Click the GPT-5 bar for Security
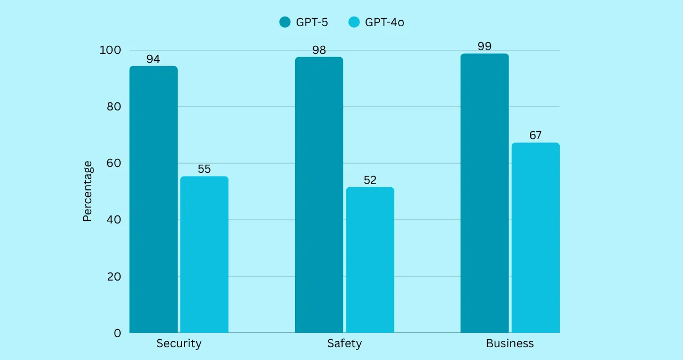[x=153, y=199]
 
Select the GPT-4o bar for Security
[x=204, y=254]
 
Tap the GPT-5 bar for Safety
[x=319, y=195]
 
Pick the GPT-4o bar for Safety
[x=370, y=260]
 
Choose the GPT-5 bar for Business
[x=485, y=193]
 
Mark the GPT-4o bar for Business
[x=535, y=238]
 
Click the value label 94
[x=153, y=59]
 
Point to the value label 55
[x=204, y=169]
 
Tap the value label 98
[x=319, y=50]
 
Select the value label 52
[x=370, y=180]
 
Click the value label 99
[x=485, y=46]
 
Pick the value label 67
[x=535, y=135]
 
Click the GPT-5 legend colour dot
[x=285, y=22]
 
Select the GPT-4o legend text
[x=385, y=22]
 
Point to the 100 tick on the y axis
[x=110, y=50]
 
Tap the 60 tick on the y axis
[x=114, y=163]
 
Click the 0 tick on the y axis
[x=117, y=333]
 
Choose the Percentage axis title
[x=88, y=191]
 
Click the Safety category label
[x=344, y=343]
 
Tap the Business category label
[x=510, y=343]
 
